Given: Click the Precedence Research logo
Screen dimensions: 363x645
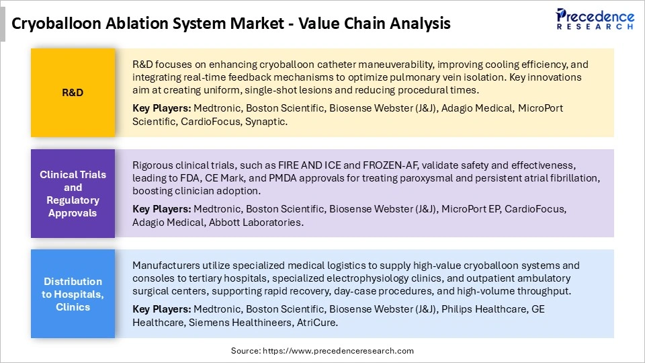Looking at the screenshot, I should tap(595, 19).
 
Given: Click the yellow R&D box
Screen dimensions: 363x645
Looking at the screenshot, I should tap(73, 92).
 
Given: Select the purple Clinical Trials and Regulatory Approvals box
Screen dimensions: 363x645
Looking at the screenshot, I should tap(73, 194).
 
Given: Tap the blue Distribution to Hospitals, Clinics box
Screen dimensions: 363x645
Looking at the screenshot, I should tap(73, 294).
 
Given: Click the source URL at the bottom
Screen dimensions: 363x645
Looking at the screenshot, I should tap(322, 350).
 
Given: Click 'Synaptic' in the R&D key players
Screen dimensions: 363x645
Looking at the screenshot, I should tap(266, 121).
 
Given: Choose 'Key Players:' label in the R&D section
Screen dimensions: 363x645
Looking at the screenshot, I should tap(161, 108).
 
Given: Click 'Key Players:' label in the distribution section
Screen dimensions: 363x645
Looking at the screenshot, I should tap(161, 309).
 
